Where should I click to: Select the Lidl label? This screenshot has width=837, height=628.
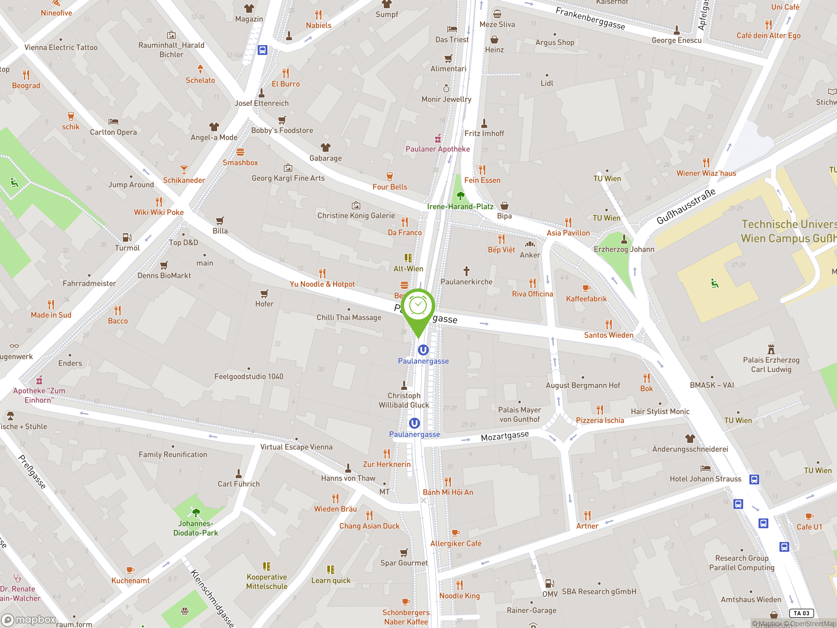[547, 83]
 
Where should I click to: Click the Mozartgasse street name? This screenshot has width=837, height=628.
[504, 436]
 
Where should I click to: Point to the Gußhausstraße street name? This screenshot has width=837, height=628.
[686, 206]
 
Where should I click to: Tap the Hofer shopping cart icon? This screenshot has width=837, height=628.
[264, 294]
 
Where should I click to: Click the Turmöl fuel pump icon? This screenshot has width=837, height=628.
[127, 237]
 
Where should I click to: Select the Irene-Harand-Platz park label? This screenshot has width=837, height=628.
[460, 207]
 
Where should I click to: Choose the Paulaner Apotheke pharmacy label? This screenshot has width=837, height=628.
[437, 149]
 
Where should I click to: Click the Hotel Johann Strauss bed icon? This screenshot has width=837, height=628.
[705, 469]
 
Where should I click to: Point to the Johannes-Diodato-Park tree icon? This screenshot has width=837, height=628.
[196, 513]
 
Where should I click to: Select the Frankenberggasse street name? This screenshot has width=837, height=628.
[590, 19]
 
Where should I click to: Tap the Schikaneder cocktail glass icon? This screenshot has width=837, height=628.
[184, 169]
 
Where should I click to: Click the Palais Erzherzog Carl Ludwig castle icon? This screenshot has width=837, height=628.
[771, 349]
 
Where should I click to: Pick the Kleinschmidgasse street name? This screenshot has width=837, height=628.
[212, 598]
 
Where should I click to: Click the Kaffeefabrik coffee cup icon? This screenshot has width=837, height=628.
[586, 288]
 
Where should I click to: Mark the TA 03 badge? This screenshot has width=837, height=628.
[801, 613]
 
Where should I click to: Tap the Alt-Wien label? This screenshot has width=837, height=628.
[408, 269]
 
